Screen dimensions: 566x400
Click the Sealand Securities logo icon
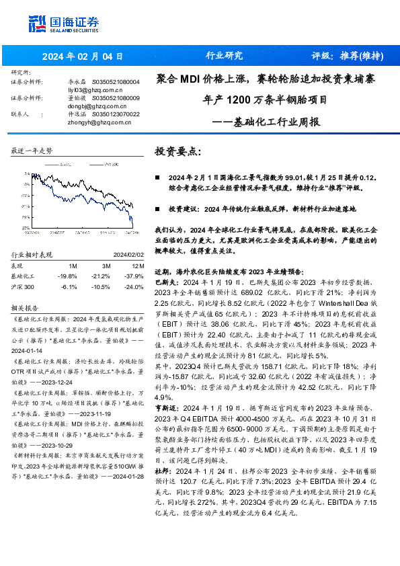point(36,24)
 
